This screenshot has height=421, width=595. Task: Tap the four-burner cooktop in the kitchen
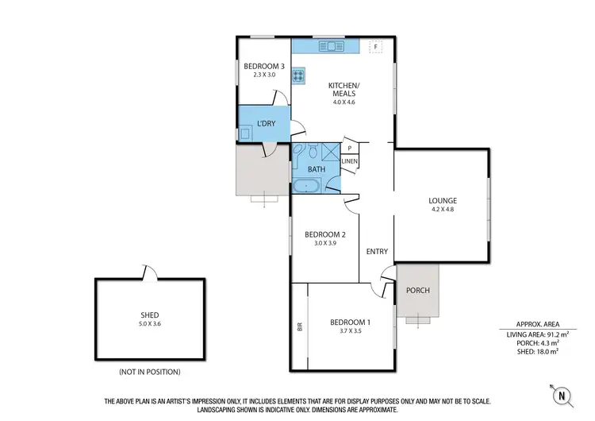(x=298, y=76)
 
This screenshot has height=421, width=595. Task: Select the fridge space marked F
(x=375, y=47)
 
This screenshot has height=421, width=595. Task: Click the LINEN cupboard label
(x=350, y=162)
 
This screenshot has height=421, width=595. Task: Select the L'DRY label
(x=265, y=123)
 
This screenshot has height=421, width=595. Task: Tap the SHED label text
(x=149, y=315)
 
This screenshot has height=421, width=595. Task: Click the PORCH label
(x=417, y=290)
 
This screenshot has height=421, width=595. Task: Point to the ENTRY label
(x=377, y=252)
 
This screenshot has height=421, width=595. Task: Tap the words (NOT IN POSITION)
(x=149, y=371)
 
